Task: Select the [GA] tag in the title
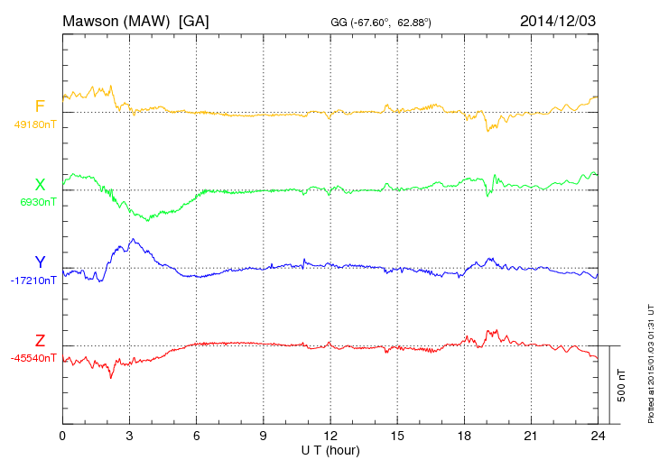[194, 20]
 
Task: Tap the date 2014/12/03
[558, 20]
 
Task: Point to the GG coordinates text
[381, 22]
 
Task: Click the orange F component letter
[40, 107]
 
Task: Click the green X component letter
[40, 185]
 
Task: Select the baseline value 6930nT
[38, 202]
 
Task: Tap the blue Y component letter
[40, 262]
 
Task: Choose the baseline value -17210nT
[33, 280]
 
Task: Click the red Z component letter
[40, 341]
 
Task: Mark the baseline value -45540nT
[33, 358]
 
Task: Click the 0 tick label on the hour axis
[62, 436]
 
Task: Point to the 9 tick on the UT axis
[264, 436]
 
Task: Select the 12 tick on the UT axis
[330, 436]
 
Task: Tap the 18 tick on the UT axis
[464, 436]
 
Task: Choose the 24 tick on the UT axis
[598, 436]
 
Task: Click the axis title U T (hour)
[330, 449]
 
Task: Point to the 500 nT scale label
[622, 384]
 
